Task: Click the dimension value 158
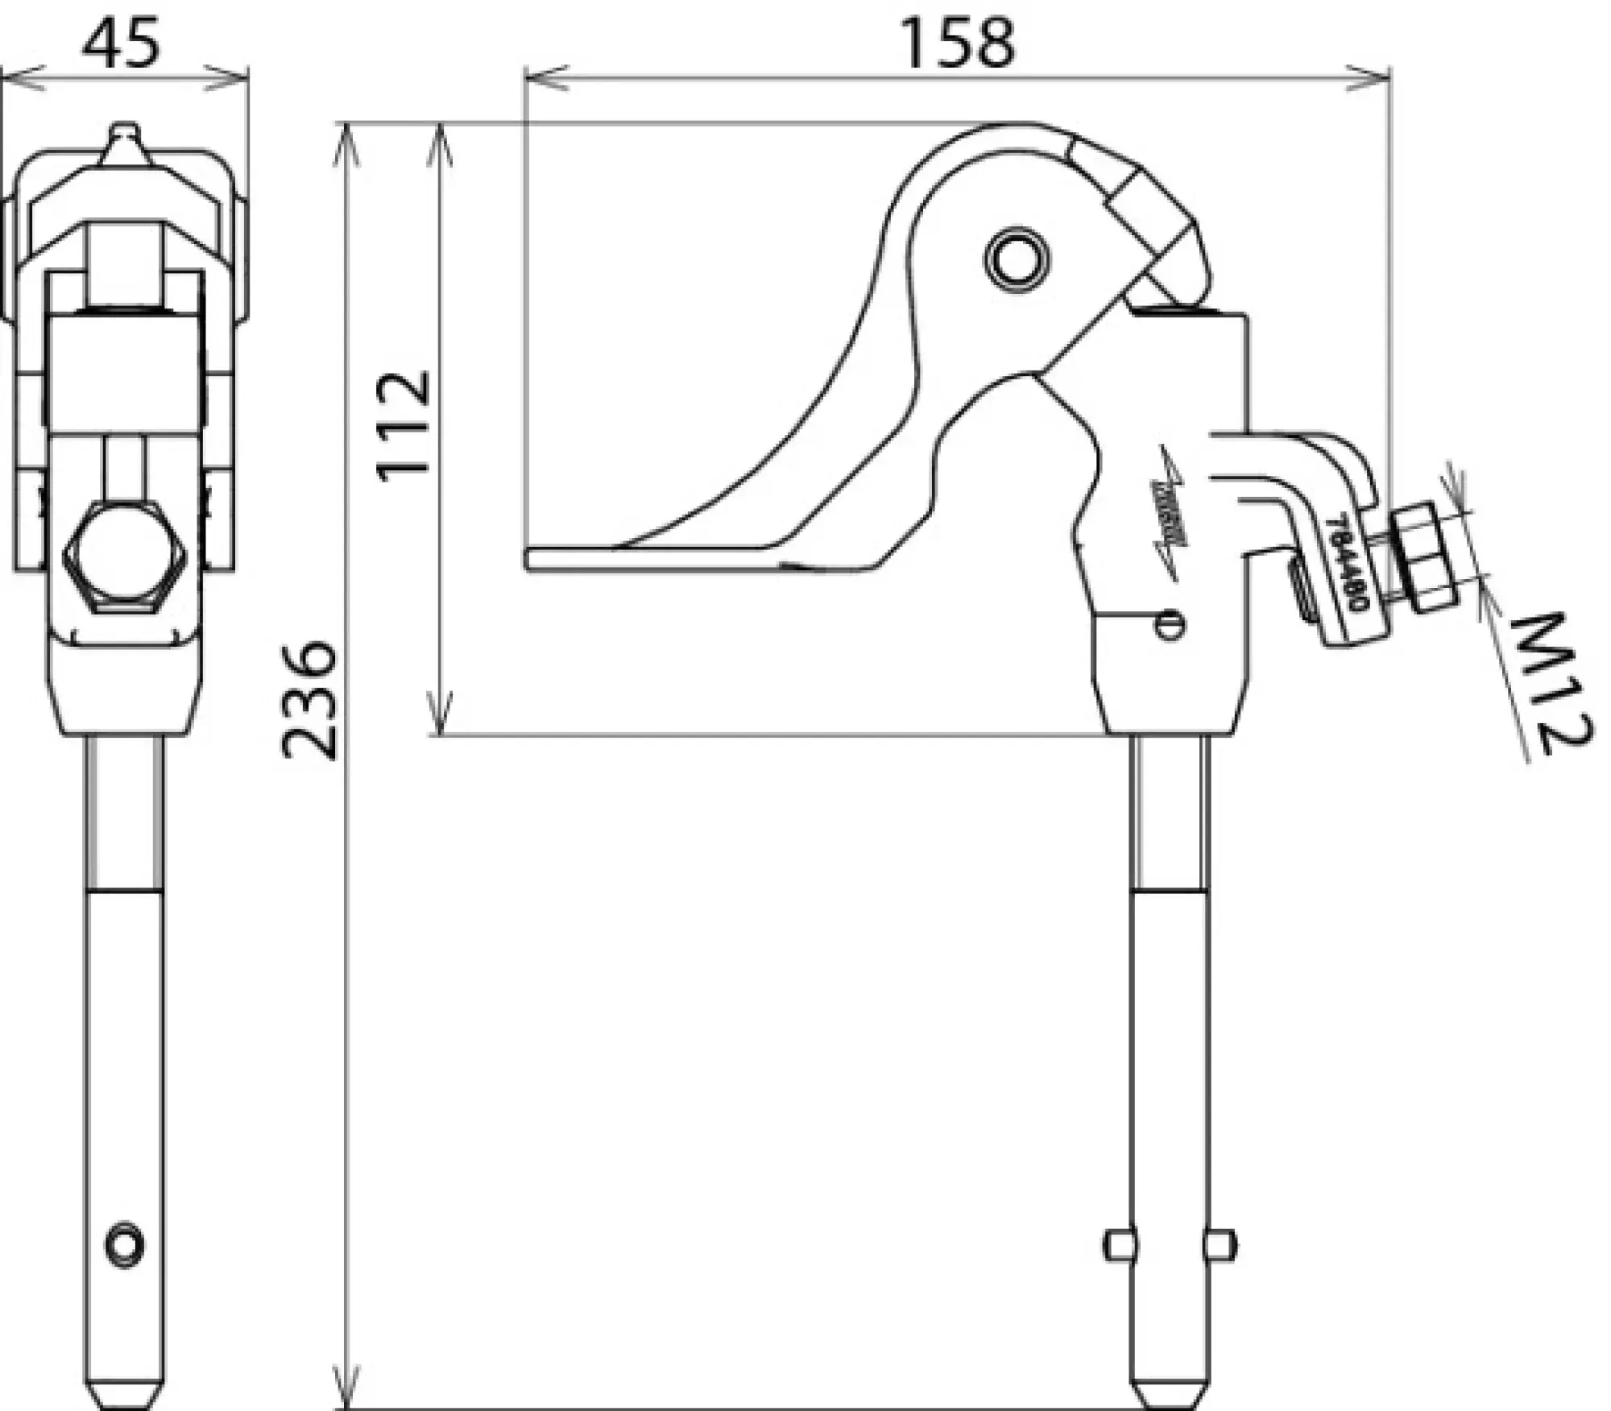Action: pyautogui.click(x=957, y=43)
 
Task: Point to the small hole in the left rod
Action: pyautogui.click(x=125, y=1245)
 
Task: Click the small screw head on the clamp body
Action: pyautogui.click(x=1169, y=624)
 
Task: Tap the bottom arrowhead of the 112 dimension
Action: pyautogui.click(x=440, y=721)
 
